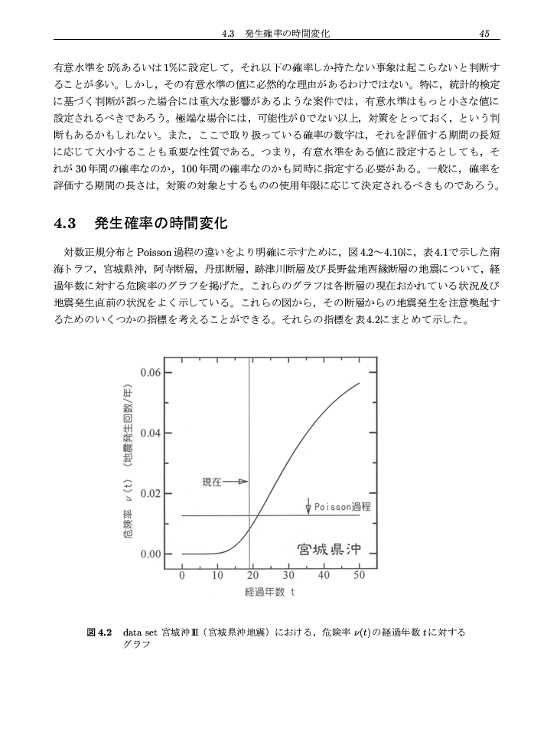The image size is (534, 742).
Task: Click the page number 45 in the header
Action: (484, 32)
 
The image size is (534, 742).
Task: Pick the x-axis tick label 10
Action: (217, 576)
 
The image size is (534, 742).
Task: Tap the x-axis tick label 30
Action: (288, 576)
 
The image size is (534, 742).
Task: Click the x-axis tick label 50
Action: (360, 576)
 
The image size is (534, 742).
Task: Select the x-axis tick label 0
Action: (182, 576)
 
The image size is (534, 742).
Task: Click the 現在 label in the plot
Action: (211, 482)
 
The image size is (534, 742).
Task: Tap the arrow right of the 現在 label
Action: (236, 482)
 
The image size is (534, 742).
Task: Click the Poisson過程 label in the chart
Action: (343, 507)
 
